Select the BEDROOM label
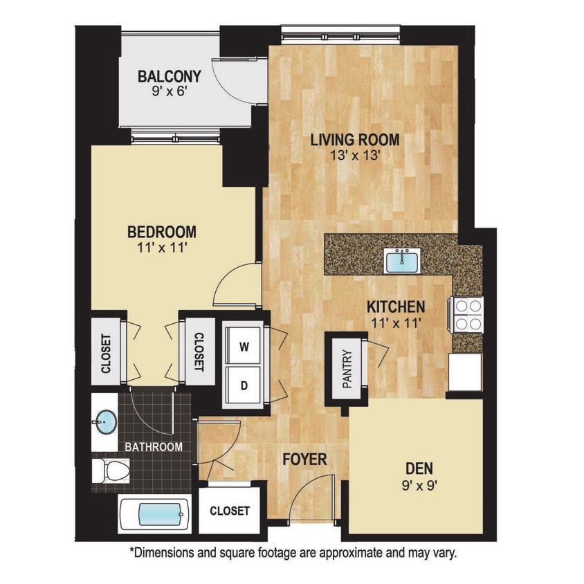tap(161, 232)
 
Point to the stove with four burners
tap(467, 315)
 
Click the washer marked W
tap(244, 347)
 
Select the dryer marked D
tap(244, 385)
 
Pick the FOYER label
tap(304, 459)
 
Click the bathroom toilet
tap(111, 471)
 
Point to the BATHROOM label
tap(154, 447)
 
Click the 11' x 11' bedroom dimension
tap(161, 248)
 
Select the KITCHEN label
tap(395, 306)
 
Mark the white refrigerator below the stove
tap(465, 372)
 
